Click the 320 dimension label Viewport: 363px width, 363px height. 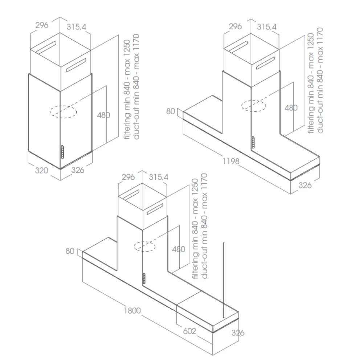point(41,170)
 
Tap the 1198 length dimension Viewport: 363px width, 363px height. point(231,161)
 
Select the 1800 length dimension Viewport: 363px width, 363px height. point(132,310)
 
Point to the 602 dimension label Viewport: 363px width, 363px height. point(189,331)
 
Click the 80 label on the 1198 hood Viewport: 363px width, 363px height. point(171,111)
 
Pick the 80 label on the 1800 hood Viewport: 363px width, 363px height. point(70,251)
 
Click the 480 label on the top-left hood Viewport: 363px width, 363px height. point(103,115)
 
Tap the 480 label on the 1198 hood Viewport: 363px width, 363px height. point(291,108)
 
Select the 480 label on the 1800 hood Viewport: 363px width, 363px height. point(179,249)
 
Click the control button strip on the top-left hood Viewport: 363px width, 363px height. point(62,152)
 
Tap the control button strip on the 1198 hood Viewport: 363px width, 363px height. point(253,142)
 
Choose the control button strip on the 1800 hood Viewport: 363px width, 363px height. point(144,278)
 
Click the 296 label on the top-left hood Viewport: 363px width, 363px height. point(42,25)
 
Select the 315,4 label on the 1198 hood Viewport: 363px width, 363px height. point(267,27)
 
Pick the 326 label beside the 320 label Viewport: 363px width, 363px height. point(78,170)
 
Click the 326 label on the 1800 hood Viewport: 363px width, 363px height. point(238,333)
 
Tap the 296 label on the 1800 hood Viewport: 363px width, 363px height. point(128,177)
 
